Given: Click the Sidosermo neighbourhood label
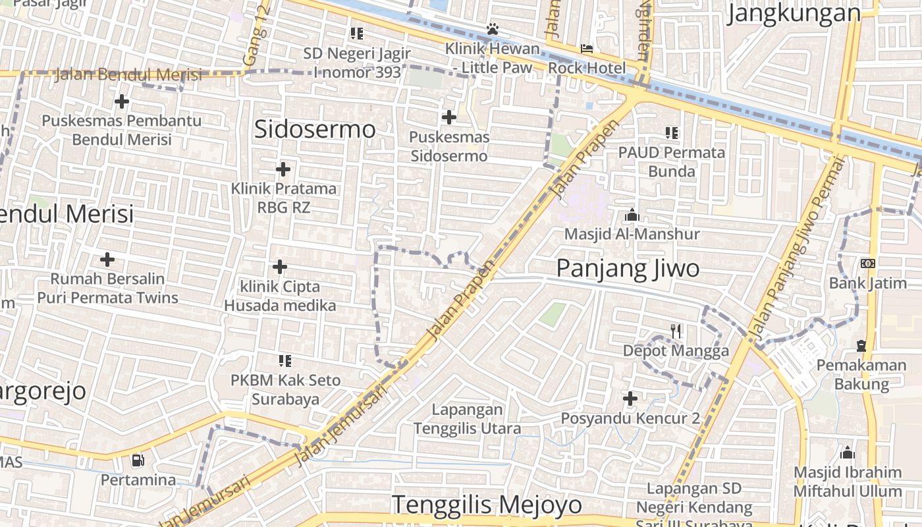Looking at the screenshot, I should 315,129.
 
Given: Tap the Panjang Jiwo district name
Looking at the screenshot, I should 628,269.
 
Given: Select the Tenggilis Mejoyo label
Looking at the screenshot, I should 487,505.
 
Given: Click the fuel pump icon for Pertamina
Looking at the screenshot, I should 138,460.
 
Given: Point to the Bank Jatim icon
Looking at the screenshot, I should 867,263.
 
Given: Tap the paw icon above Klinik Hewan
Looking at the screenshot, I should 492,29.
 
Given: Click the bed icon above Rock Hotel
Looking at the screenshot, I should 586,49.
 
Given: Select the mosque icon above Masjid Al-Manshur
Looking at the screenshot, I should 632,215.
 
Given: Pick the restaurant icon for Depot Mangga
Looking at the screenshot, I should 676,331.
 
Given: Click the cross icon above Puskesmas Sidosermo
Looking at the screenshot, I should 448,118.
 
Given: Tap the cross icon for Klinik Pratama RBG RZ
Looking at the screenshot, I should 283,169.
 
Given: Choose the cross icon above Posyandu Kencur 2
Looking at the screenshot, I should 630,399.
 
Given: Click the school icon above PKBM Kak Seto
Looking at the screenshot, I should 285,361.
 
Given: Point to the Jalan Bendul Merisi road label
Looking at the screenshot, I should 128,74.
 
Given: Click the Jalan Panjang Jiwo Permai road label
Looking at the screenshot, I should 796,250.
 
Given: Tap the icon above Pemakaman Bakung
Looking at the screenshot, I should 861,346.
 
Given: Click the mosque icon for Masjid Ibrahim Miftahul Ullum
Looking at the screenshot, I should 848,453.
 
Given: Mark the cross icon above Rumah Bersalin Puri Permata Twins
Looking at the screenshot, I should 107,260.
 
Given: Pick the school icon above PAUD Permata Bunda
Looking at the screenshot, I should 671,133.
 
